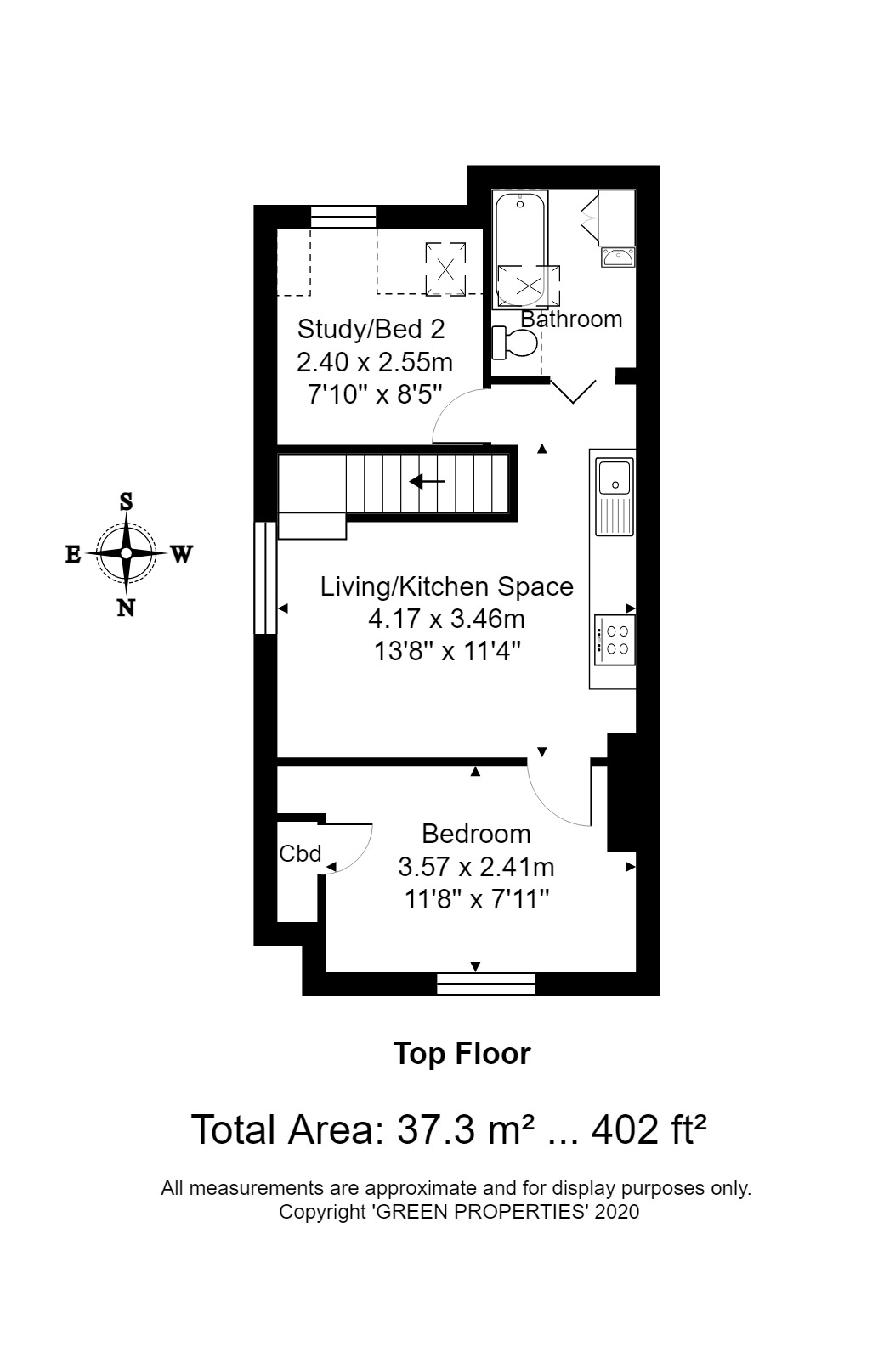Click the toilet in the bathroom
pyautogui.click(x=514, y=343)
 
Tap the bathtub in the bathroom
pyautogui.click(x=520, y=249)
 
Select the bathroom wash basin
pyautogui.click(x=618, y=257)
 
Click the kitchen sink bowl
pyautogui.click(x=615, y=476)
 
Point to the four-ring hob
pyautogui.click(x=615, y=640)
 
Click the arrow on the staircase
pyautogui.click(x=427, y=482)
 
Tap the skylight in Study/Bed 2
pyautogui.click(x=445, y=269)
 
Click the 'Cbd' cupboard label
pyautogui.click(x=299, y=853)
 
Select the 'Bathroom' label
pyautogui.click(x=571, y=319)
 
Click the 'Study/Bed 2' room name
pyautogui.click(x=371, y=330)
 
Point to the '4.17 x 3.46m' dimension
pyautogui.click(x=446, y=620)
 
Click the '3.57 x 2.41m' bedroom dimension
pyautogui.click(x=476, y=867)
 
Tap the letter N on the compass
pyautogui.click(x=126, y=608)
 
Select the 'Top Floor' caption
pyautogui.click(x=462, y=1054)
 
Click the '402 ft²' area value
pyautogui.click(x=649, y=1129)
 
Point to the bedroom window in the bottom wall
pyautogui.click(x=486, y=984)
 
